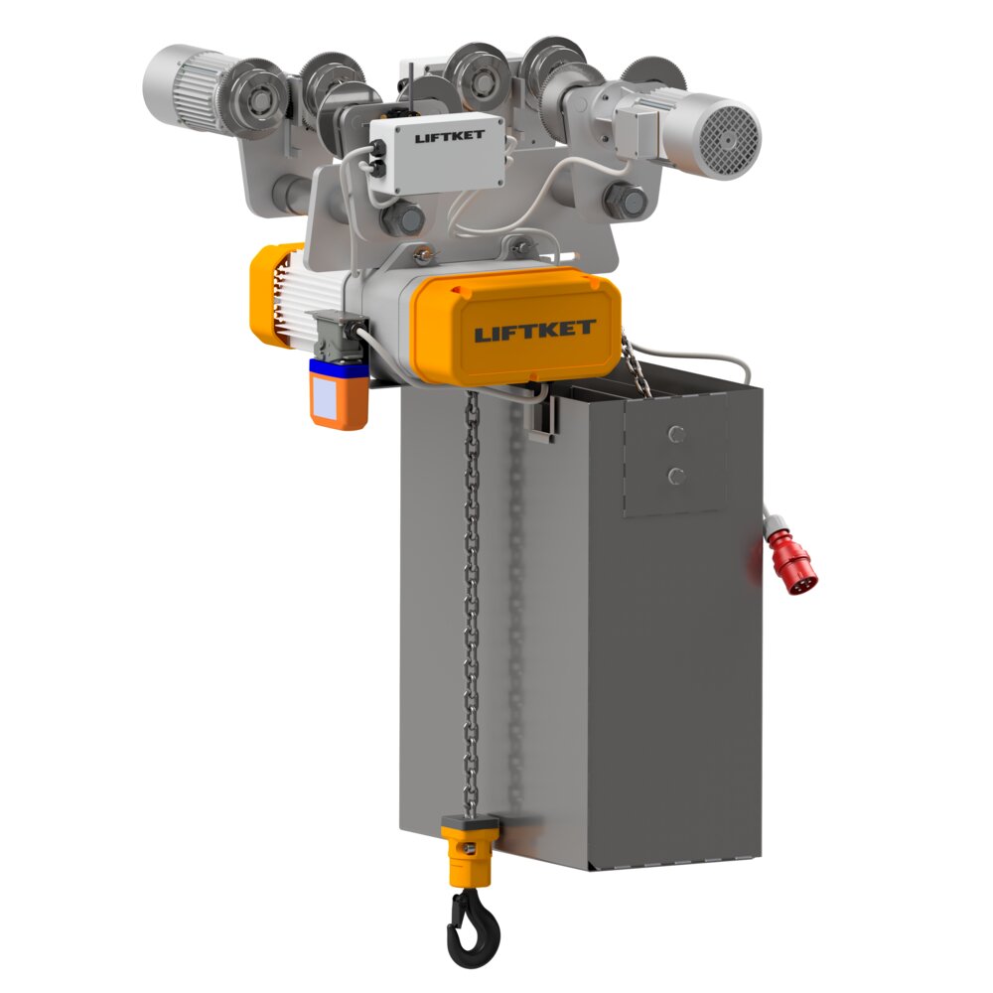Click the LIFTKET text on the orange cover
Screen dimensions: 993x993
tap(534, 330)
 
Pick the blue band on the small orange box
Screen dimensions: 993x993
tap(338, 367)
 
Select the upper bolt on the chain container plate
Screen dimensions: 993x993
tap(676, 433)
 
